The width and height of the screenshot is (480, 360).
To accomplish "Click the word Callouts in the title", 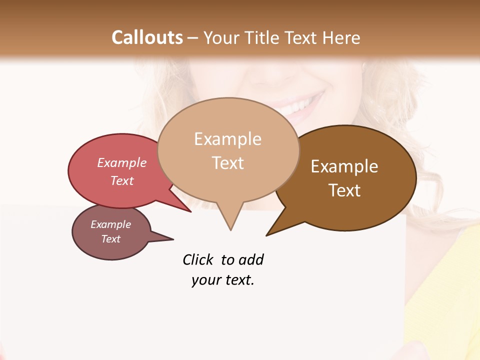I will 147,37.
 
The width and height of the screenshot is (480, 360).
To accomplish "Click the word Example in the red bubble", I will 122,163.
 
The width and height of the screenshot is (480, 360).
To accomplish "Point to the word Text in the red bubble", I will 122,180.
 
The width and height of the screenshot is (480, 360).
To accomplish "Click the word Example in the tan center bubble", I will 227,139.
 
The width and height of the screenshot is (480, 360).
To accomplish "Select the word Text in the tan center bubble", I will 227,163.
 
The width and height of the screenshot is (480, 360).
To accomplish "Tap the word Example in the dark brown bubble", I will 344,166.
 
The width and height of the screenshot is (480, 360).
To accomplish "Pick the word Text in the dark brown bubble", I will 344,190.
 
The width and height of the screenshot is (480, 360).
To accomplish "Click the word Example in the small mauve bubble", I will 110,224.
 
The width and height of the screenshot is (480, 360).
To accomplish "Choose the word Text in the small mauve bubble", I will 110,239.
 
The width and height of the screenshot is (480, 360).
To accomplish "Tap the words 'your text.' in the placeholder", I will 222,280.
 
